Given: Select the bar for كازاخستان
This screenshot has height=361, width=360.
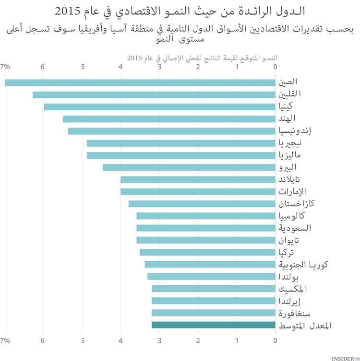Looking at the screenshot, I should [202, 204].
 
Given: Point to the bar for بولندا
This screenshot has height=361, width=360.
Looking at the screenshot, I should [211, 276].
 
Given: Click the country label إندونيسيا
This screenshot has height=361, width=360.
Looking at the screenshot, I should [298, 131].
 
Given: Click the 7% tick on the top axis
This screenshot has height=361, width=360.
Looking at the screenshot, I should [6, 67].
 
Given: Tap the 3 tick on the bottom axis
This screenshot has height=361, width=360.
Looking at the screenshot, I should [159, 340].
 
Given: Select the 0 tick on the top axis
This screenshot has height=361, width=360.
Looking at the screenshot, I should [276, 67].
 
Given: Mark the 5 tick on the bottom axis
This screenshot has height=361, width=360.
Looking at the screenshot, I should [83, 340].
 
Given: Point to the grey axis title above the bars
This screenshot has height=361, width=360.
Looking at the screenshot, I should [202, 58].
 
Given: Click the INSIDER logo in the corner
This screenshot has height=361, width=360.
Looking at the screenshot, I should [345, 357].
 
